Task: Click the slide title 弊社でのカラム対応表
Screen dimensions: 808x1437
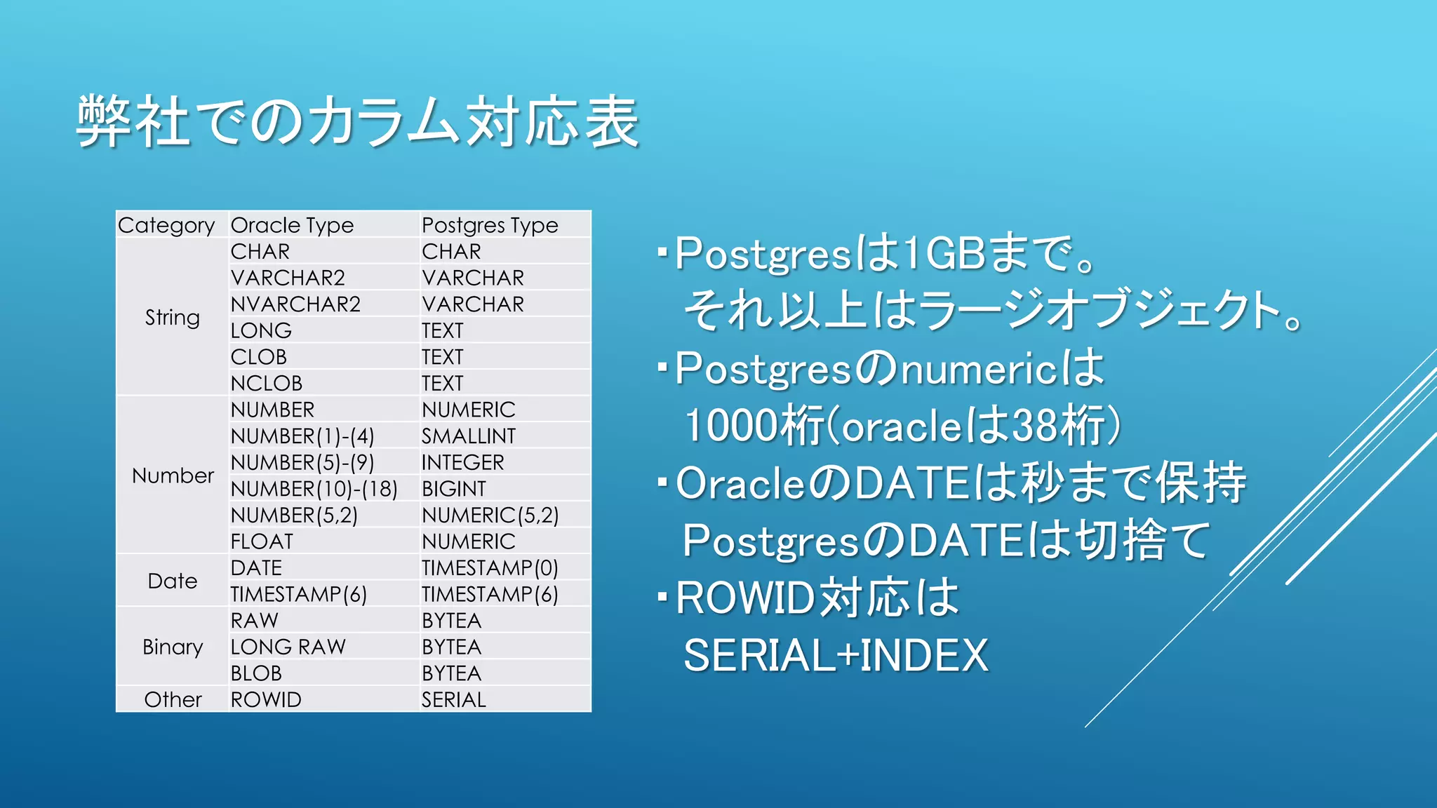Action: click(x=358, y=122)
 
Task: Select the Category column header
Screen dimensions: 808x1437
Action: click(x=166, y=225)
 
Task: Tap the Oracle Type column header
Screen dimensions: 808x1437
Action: click(x=292, y=225)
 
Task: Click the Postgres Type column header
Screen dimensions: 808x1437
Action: click(x=490, y=225)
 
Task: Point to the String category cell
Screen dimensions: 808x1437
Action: click(x=173, y=317)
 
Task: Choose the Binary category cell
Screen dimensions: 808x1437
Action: click(x=173, y=647)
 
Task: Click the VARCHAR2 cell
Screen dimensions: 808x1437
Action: click(x=288, y=278)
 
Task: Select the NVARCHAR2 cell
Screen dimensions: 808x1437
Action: click(x=295, y=304)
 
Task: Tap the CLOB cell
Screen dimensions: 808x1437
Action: click(x=259, y=357)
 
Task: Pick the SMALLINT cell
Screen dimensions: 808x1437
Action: click(x=469, y=436)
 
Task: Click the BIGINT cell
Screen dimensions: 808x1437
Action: click(x=454, y=489)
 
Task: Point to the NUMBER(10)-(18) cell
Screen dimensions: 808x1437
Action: click(x=314, y=489)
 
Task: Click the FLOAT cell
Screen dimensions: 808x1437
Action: click(x=262, y=541)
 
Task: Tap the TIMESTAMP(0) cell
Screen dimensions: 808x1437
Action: click(x=490, y=568)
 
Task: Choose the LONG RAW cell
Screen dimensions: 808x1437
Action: click(x=288, y=647)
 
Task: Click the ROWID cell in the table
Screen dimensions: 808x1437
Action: click(x=266, y=699)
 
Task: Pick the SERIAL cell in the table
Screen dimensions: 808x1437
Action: click(x=454, y=699)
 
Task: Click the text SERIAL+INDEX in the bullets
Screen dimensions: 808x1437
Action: click(x=836, y=655)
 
